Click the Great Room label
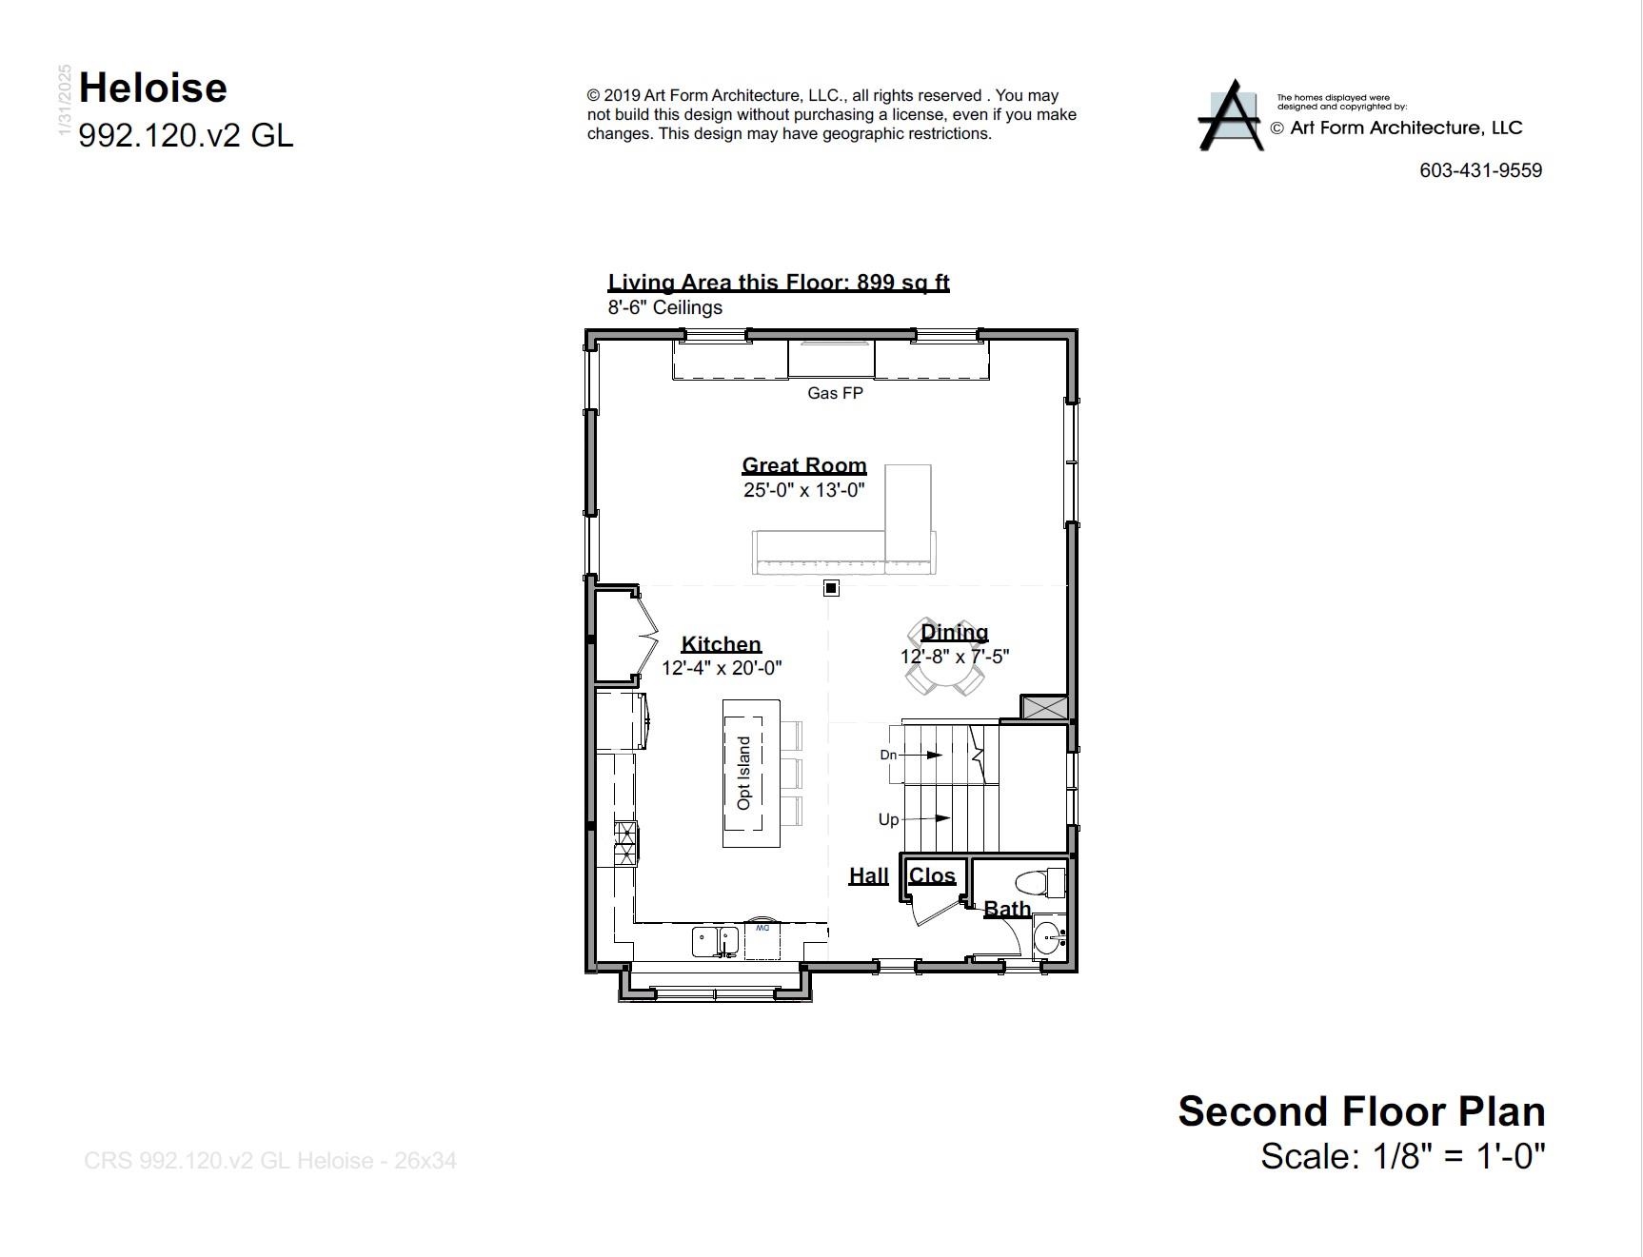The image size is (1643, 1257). (804, 465)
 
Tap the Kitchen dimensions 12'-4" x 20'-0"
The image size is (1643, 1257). (722, 668)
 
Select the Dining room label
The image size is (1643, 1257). (954, 632)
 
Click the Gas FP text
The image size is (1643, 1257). (835, 393)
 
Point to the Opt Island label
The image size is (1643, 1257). (744, 773)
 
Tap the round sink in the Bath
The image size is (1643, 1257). (1047, 938)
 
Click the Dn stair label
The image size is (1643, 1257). (888, 755)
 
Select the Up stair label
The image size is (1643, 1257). (888, 819)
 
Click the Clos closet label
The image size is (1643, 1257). (932, 875)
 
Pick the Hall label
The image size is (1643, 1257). (868, 875)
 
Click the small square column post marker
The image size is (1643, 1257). (831, 588)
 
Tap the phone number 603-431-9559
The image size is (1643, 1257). (1480, 170)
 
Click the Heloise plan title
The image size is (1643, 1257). (153, 88)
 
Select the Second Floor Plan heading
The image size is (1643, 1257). (1361, 1111)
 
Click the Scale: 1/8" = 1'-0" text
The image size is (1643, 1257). (1402, 1156)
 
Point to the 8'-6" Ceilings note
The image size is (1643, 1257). (665, 307)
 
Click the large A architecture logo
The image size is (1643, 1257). (1231, 116)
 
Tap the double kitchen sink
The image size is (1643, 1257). (716, 941)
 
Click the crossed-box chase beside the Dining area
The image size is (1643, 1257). (1043, 707)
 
